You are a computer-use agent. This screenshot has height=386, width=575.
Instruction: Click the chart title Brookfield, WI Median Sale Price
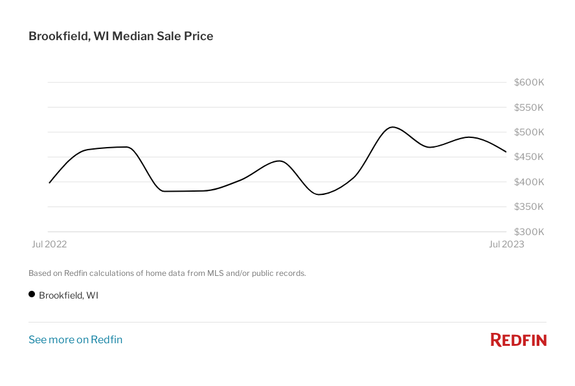point(120,36)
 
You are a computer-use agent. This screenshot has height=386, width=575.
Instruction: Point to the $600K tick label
point(528,82)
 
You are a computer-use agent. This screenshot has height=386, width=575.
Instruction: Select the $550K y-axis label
point(528,108)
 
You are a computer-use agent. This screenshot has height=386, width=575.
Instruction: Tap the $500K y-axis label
point(528,132)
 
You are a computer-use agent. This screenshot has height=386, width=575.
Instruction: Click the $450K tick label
point(528,157)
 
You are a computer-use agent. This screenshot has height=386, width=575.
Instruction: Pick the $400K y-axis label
point(528,182)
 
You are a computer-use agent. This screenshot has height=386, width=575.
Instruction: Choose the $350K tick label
point(528,207)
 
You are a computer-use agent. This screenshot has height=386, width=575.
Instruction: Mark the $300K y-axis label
point(528,231)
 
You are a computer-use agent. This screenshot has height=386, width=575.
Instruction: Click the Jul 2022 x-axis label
point(49,244)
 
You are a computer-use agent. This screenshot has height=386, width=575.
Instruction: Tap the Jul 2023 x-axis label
point(506,244)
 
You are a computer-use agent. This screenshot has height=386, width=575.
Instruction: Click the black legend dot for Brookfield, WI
point(32,295)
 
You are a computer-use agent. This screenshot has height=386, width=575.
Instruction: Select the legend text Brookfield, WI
point(69,295)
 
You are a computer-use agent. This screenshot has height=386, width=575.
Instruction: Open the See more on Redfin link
point(75,339)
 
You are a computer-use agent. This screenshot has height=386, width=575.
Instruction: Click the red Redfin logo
point(518,339)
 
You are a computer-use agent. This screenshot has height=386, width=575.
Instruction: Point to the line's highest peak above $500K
point(392,127)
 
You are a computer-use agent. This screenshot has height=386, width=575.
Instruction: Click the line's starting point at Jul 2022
point(49,183)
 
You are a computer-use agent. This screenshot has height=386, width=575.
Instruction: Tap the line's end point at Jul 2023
point(506,152)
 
